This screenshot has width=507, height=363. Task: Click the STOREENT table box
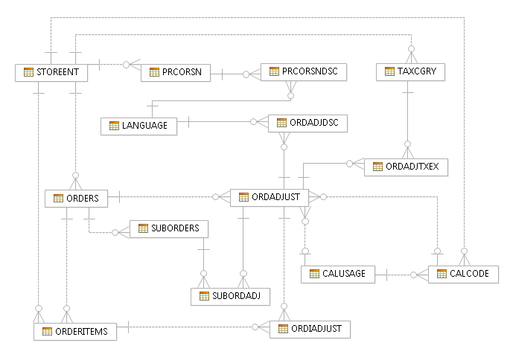(x=52, y=72)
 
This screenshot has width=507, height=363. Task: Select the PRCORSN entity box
(x=176, y=72)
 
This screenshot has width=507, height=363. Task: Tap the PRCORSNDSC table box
(x=303, y=71)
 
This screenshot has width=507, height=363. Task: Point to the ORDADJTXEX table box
(x=406, y=167)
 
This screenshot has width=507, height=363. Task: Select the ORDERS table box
(x=77, y=198)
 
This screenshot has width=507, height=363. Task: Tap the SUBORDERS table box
(x=169, y=228)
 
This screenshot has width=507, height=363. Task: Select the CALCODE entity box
(x=463, y=274)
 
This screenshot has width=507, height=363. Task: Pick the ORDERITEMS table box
(x=75, y=332)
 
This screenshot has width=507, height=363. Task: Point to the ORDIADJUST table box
(x=309, y=328)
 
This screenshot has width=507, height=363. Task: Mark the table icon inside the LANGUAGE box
(x=115, y=126)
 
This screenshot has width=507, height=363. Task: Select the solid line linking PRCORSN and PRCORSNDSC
(x=236, y=73)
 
